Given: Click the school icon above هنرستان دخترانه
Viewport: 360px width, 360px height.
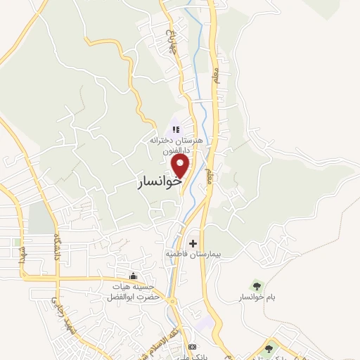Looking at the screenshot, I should click(176, 129).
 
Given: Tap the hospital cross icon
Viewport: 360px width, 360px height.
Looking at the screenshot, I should click(193, 243).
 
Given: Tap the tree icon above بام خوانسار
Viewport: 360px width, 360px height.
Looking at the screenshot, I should click(256, 285).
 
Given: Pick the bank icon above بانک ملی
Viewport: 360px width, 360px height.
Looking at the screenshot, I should click(192, 347).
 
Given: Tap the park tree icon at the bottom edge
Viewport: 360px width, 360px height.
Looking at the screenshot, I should click(269, 348).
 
